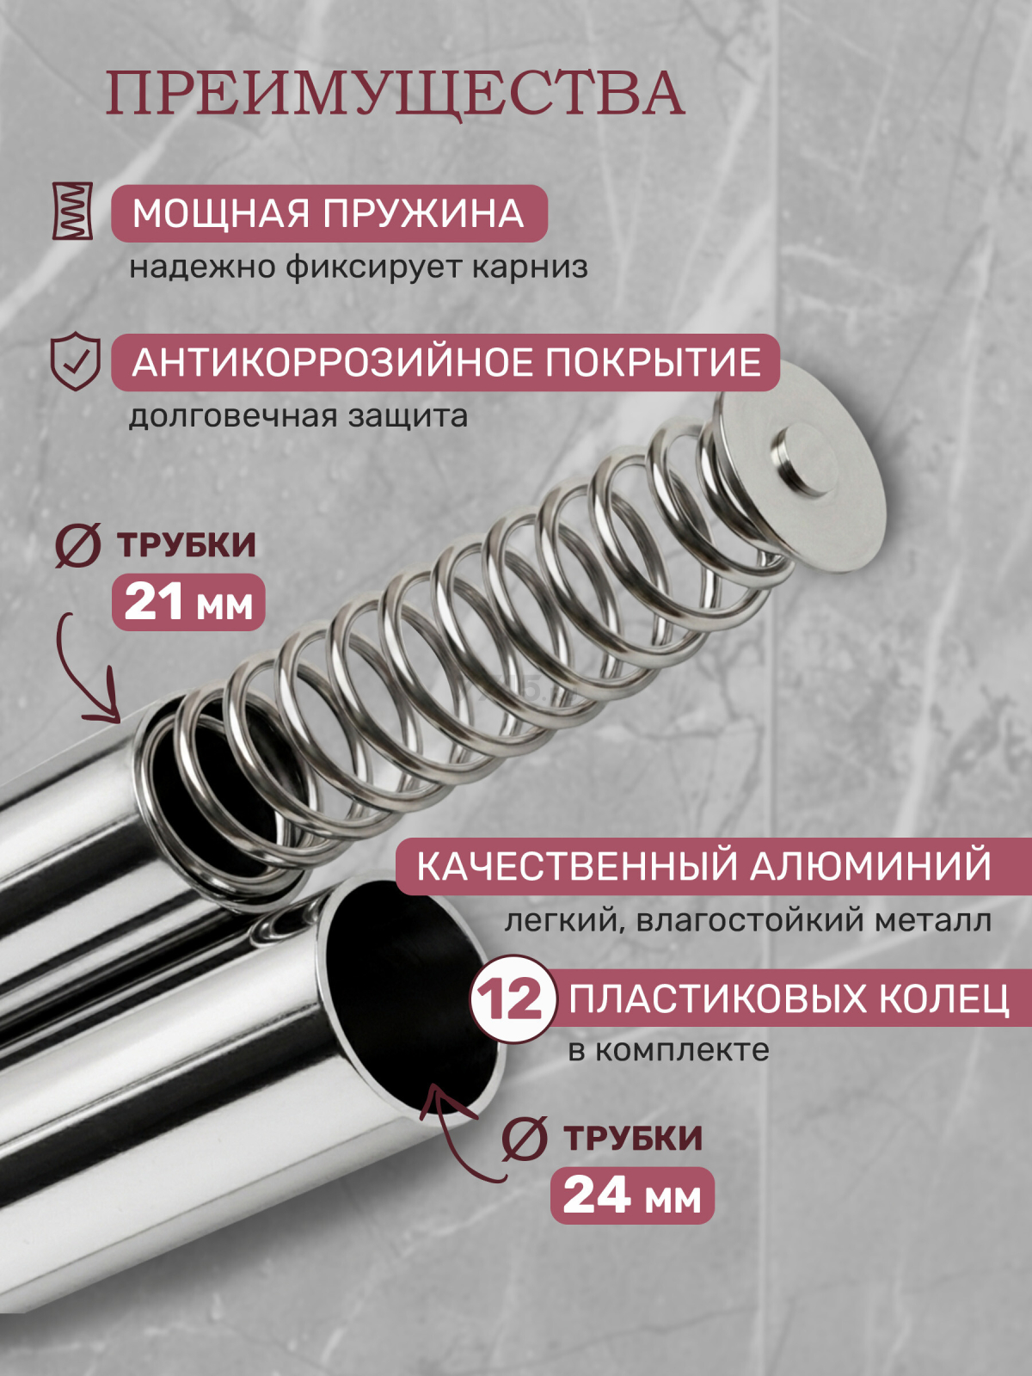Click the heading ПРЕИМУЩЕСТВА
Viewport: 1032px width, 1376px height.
(395, 94)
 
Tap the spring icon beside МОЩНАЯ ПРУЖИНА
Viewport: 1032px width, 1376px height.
(72, 211)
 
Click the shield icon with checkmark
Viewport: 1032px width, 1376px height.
(76, 361)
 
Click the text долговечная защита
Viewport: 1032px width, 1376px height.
(298, 416)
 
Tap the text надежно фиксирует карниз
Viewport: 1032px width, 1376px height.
(359, 267)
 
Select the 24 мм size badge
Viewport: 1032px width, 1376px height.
(632, 1195)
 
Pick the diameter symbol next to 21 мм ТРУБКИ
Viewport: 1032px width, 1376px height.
(77, 545)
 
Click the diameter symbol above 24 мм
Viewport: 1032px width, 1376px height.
(524, 1138)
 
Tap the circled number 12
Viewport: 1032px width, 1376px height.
(511, 999)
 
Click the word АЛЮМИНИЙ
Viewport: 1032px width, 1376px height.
(870, 866)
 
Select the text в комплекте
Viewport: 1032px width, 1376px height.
(668, 1050)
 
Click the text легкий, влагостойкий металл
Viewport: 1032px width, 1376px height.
(747, 920)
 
